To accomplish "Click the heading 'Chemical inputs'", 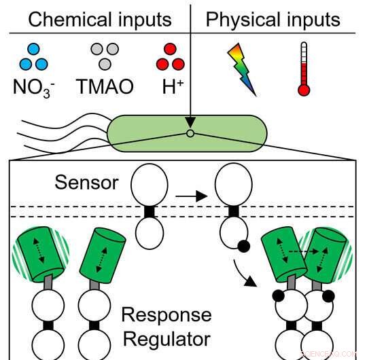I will tap(99, 18).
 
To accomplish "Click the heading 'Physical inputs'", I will tap(273, 18).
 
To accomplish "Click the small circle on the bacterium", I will tap(191, 134).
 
